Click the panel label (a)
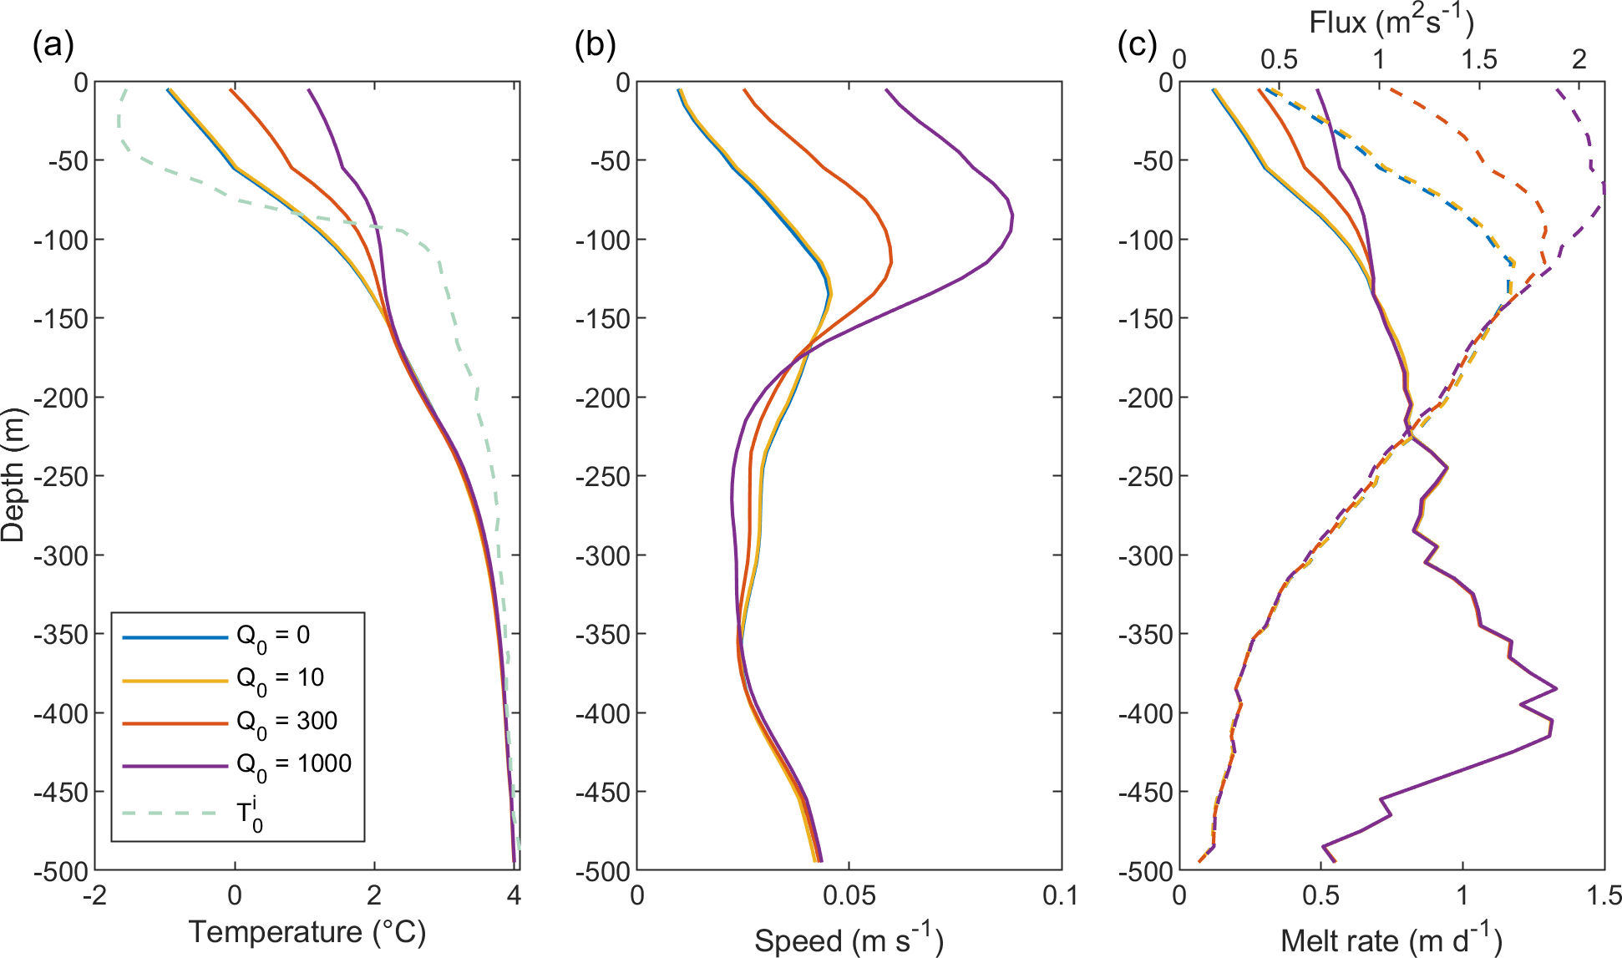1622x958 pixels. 53,44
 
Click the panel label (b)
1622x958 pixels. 595,44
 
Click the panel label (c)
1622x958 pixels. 1137,44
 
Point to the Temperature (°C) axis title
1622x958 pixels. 307,931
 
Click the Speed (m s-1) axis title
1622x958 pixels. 849,940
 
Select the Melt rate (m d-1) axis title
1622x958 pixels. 1391,940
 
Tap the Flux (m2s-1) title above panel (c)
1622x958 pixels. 1391,22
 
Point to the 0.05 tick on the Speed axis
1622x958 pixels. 849,896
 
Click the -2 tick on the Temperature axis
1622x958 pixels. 95,896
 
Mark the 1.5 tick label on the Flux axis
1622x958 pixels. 1478,59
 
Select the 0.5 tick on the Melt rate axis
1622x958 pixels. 1320,896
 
